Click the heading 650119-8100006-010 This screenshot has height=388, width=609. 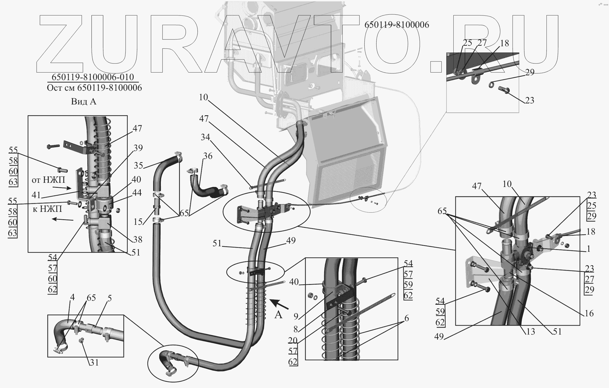tap(93, 77)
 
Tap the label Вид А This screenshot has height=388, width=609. tap(83, 102)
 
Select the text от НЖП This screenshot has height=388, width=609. tap(48, 180)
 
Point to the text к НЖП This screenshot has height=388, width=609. tap(47, 209)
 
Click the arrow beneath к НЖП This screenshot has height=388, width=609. tap(63, 219)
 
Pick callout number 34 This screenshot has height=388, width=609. tap(205, 137)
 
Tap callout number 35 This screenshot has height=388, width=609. tap(139, 165)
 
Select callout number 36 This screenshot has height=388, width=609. tap(208, 156)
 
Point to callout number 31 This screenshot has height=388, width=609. tap(94, 363)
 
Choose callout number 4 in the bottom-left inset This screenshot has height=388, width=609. tap(72, 297)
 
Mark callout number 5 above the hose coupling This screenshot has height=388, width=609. tap(109, 298)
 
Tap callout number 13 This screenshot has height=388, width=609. tap(530, 331)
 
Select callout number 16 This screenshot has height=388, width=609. tap(589, 314)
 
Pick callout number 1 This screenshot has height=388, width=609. tap(589, 249)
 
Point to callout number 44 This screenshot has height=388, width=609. tap(137, 193)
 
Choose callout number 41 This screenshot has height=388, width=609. tap(36, 195)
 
